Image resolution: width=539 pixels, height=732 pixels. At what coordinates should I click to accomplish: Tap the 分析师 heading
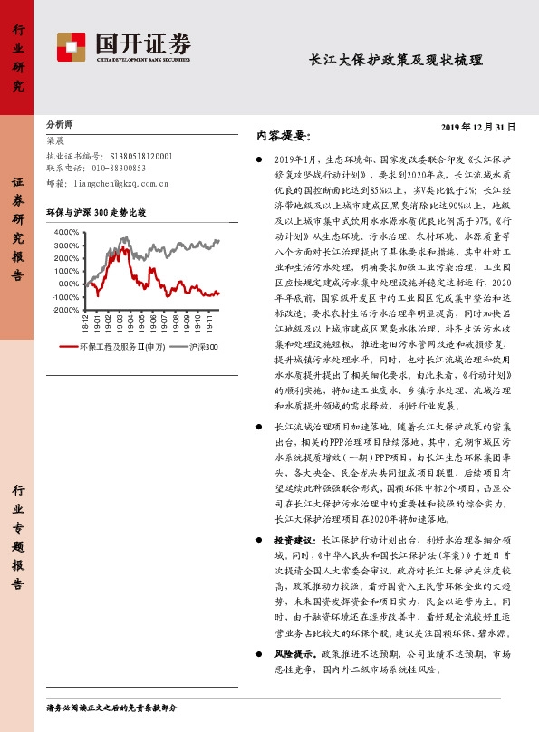pos(60,124)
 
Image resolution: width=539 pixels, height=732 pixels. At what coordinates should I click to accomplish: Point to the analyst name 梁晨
pos(54,140)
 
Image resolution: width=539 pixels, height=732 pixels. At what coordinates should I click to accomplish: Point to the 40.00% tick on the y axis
pos(67,232)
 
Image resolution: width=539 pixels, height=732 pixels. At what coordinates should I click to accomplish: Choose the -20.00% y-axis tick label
pos(66,310)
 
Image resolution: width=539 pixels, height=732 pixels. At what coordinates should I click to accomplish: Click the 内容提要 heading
pos(284,136)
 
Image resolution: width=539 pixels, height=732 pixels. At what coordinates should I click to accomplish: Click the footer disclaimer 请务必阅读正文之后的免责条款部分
pos(111,707)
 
